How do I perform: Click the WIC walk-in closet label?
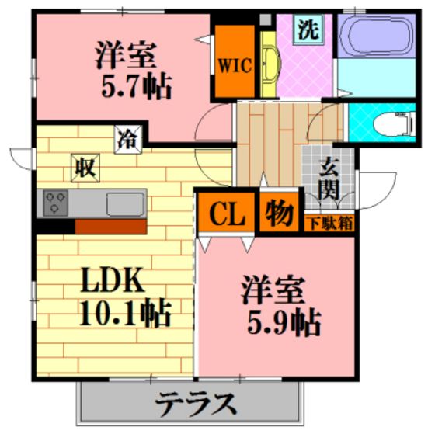(x=235, y=66)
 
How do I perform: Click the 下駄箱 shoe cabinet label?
(x=331, y=224)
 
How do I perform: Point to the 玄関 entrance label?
(x=329, y=179)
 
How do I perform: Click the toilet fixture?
(x=395, y=123)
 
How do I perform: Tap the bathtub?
(x=377, y=36)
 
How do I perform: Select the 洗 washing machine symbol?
(x=308, y=29)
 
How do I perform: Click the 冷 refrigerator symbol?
(x=128, y=140)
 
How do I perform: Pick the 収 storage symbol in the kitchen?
(x=85, y=168)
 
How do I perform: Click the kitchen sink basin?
(x=126, y=204)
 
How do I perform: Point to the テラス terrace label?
(x=196, y=404)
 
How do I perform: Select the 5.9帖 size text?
(x=284, y=321)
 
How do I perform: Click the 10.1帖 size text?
(x=124, y=313)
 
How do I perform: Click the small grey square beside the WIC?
(x=265, y=19)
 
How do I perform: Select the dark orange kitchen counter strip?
(x=110, y=227)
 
